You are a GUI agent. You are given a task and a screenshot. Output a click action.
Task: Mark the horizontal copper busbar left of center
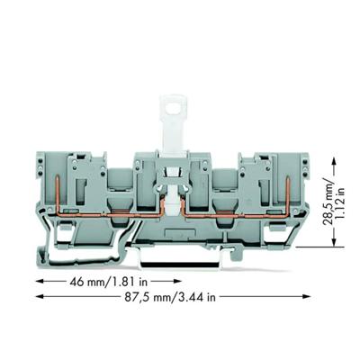117,216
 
